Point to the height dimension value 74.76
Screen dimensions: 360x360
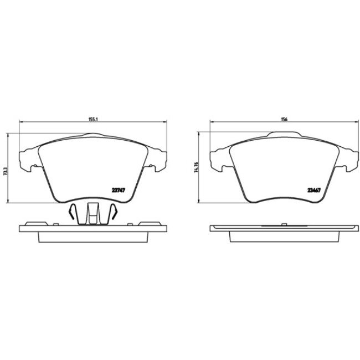196,168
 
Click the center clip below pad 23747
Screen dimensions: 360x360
92,213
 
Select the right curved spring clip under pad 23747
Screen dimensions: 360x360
114,212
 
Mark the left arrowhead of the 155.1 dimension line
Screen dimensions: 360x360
21,122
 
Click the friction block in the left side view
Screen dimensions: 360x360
92,236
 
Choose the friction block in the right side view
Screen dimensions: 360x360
284,236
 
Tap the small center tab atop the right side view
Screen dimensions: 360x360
283,224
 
